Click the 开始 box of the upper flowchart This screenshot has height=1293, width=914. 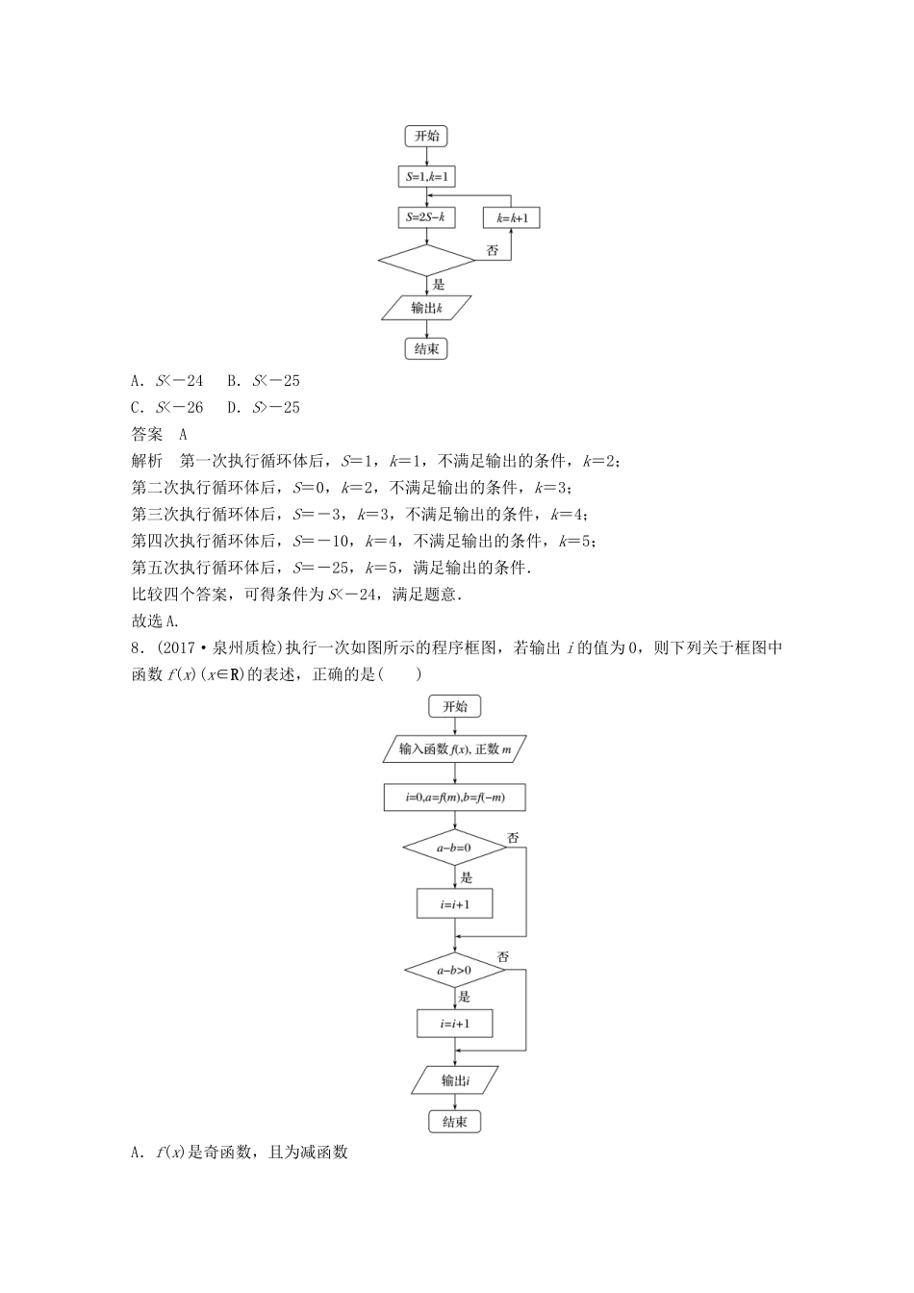[x=426, y=137]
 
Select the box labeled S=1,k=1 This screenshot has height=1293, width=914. [x=426, y=177]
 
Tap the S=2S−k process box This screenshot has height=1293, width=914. [x=426, y=217]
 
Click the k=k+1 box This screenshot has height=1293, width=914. [x=511, y=218]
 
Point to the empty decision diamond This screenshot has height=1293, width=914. [x=426, y=260]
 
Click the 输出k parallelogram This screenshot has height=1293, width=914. [x=426, y=308]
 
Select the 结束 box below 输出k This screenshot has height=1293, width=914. [x=426, y=349]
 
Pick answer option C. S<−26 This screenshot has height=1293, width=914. [x=167, y=408]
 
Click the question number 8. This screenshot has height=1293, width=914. [x=136, y=648]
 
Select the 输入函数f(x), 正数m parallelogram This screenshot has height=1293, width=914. [x=455, y=749]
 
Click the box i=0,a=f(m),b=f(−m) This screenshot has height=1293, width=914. [x=455, y=798]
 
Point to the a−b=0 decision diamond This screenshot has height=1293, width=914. [x=455, y=848]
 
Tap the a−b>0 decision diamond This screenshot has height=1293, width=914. [x=455, y=971]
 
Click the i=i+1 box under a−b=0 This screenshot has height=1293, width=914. [x=455, y=904]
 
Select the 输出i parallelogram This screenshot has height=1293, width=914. [x=455, y=1079]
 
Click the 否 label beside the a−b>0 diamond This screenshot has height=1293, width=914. [x=503, y=956]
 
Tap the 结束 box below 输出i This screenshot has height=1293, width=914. [x=455, y=1122]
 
